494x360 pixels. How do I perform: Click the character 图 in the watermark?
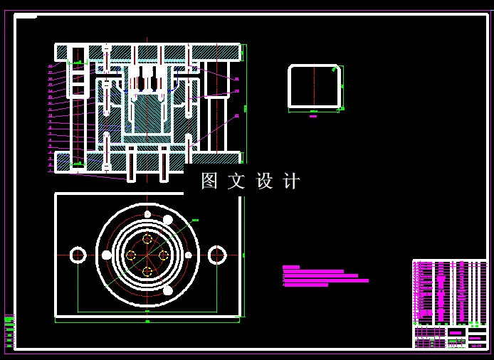click(x=209, y=181)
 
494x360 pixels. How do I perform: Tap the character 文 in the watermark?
click(x=236, y=181)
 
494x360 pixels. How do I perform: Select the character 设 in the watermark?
click(x=264, y=181)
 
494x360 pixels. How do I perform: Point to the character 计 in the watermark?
click(x=291, y=181)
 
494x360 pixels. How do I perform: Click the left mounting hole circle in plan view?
click(x=78, y=255)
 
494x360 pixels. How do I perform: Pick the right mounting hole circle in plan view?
click(x=217, y=255)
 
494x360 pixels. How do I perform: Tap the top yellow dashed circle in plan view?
click(x=147, y=239)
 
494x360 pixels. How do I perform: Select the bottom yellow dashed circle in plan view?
click(x=147, y=271)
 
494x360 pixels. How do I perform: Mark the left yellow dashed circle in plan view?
click(x=131, y=255)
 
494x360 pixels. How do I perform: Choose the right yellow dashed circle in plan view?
click(x=163, y=255)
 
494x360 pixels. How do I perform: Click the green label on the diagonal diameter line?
click(x=195, y=221)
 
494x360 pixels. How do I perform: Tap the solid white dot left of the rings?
click(x=107, y=255)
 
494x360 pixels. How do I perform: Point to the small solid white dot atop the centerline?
click(x=147, y=214)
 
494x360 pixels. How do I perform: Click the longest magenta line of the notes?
click(x=326, y=280)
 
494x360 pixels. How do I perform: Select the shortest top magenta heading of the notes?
click(x=291, y=267)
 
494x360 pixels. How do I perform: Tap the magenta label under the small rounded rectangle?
click(x=313, y=116)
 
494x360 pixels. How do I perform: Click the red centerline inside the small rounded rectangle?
click(x=314, y=87)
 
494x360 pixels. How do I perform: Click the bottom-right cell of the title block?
click(x=476, y=346)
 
